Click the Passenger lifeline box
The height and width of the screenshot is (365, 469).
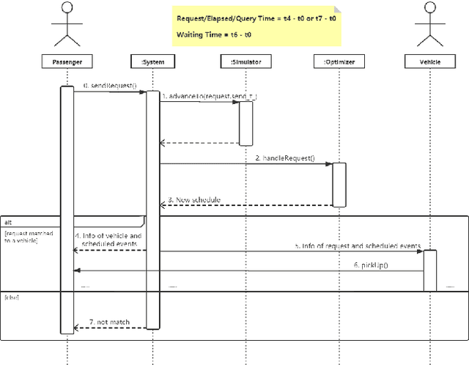click(67, 62)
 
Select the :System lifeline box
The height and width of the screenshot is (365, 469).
click(151, 62)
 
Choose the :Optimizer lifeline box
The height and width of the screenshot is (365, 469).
click(339, 62)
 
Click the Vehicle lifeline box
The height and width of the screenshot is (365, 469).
click(430, 62)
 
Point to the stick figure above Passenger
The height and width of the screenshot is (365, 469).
click(67, 23)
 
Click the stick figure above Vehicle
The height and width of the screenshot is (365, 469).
click(430, 23)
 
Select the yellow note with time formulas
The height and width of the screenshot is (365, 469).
click(257, 27)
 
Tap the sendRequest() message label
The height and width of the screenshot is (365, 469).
click(110, 86)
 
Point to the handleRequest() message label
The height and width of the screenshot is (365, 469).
click(284, 158)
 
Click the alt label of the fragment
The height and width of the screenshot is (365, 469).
click(8, 221)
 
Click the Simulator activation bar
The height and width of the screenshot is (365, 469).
click(245, 122)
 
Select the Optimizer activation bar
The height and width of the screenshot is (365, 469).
click(339, 184)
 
